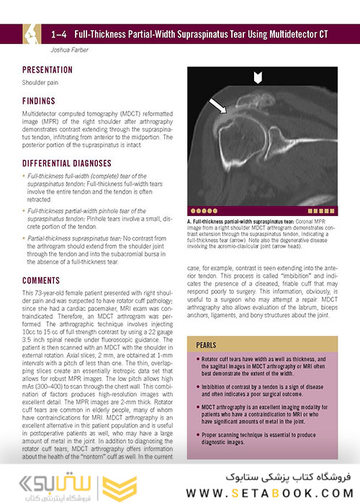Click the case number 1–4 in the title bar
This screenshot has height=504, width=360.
click(61, 34)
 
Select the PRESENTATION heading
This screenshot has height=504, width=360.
click(48, 71)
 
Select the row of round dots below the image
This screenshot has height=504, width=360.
click(203, 192)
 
